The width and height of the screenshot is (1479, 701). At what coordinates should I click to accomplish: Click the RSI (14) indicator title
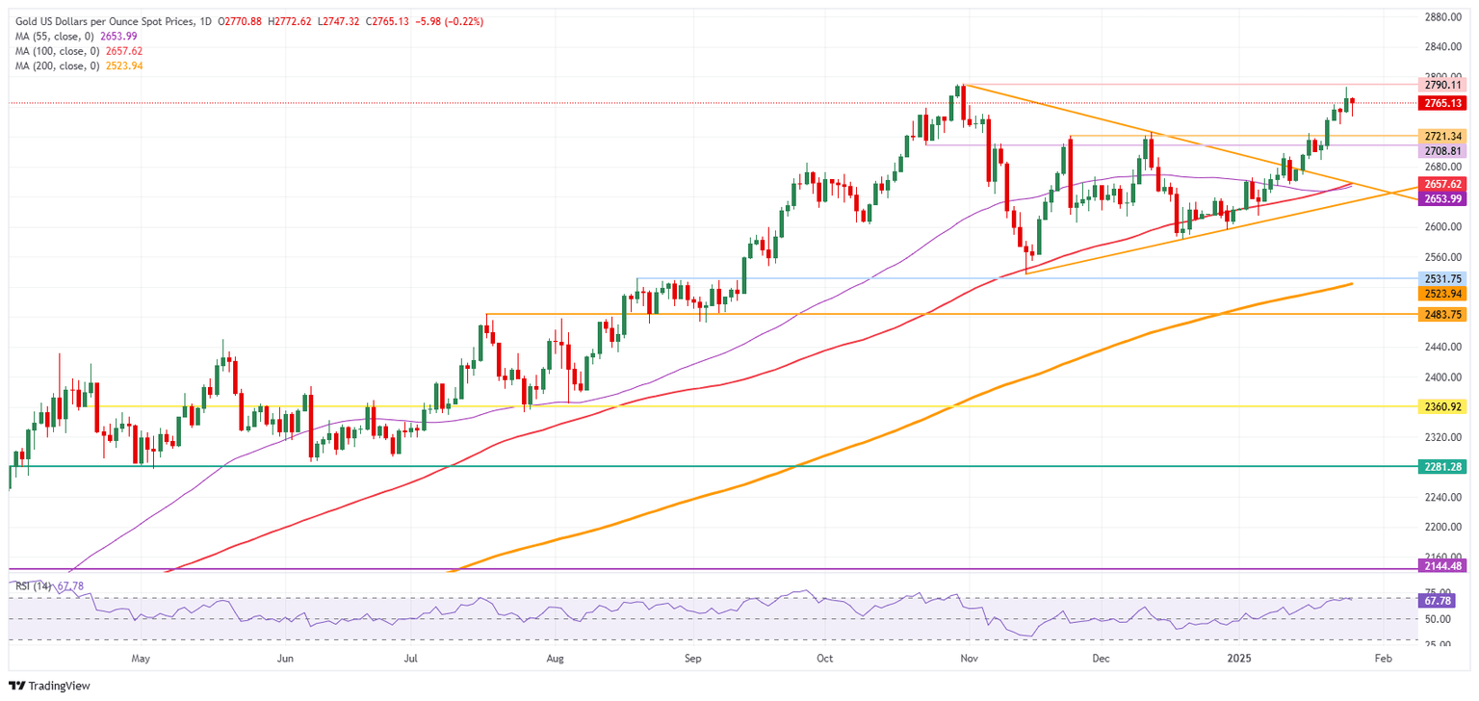pos(35,586)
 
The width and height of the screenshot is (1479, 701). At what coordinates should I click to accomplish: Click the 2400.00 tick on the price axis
pos(1442,376)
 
